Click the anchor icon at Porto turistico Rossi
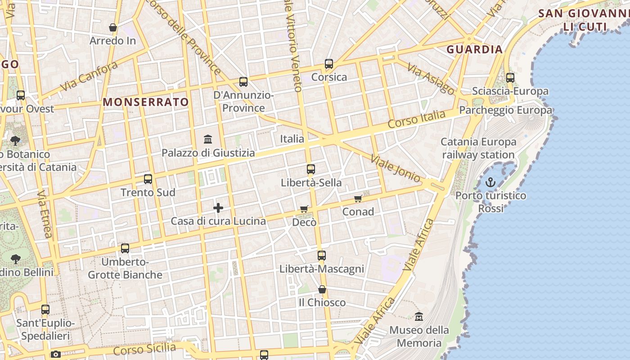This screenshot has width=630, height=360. tap(490, 182)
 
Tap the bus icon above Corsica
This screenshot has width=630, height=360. tap(329, 64)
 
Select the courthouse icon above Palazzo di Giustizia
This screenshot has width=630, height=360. tap(208, 139)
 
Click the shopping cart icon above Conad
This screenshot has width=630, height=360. tap(358, 198)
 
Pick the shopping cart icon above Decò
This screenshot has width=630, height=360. tap(304, 209)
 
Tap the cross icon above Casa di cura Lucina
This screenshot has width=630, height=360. tap(218, 208)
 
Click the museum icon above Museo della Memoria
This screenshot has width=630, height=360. tap(419, 316)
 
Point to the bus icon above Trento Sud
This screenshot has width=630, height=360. tap(148, 179)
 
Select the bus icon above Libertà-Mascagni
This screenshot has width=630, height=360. tap(321, 256)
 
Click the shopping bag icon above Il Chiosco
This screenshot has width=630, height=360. tap(322, 289)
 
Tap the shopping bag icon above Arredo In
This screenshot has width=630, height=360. tap(113, 27)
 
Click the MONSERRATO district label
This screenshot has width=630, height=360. tap(146, 102)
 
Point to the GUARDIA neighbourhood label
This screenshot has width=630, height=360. tap(474, 49)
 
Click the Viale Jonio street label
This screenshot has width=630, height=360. tap(396, 169)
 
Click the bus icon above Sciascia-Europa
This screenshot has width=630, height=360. tap(510, 77)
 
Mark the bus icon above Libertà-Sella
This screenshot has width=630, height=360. tap(311, 169)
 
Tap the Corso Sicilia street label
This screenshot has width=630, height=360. tap(144, 349)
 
